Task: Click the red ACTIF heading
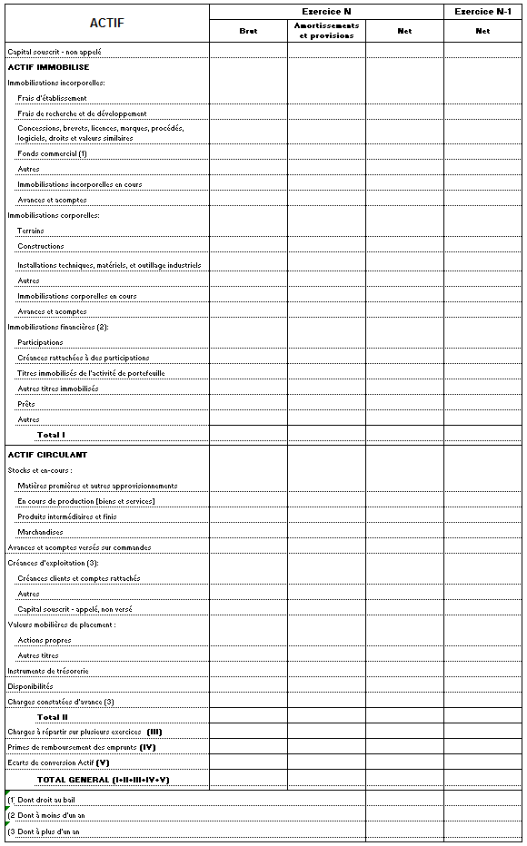106,24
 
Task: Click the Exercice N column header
326,11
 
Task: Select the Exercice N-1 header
482,11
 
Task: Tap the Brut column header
248,31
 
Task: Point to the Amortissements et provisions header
326,31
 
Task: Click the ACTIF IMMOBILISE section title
48,67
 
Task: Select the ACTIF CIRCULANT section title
47,454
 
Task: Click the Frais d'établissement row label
52,98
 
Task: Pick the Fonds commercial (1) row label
52,153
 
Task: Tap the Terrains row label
31,231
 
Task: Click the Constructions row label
41,246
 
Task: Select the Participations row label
41,342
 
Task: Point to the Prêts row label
26,404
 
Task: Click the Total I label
51,435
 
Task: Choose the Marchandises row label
41,532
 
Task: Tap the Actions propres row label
45,640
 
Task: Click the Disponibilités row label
30,686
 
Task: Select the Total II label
53,717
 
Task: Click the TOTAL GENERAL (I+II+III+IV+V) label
103,780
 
